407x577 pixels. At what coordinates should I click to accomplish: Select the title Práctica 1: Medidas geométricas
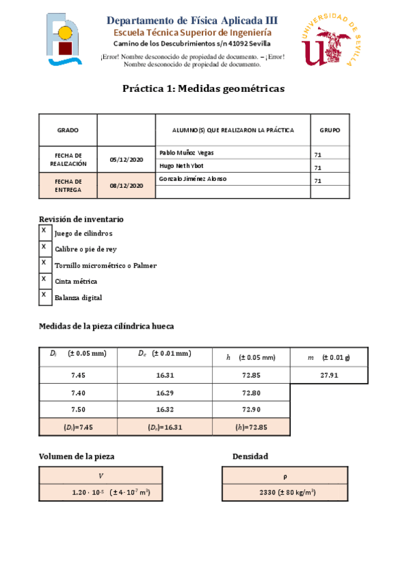pyautogui.click(x=203, y=88)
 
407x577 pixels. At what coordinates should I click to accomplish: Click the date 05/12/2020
pyautogui.click(x=126, y=159)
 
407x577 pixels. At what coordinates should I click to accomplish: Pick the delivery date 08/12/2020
pyautogui.click(x=126, y=185)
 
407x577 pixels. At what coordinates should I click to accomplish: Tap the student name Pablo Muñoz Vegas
pyautogui.click(x=186, y=152)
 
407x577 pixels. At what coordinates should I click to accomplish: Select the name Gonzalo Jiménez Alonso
pyautogui.click(x=193, y=179)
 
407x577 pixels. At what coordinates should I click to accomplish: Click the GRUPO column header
pyautogui.click(x=330, y=130)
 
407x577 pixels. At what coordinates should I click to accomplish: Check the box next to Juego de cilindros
pyautogui.click(x=44, y=231)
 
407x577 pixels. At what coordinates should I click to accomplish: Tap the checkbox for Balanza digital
pyautogui.click(x=44, y=296)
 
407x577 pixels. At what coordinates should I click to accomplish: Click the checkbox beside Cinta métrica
pyautogui.click(x=44, y=280)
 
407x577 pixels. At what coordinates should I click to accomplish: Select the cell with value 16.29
pyautogui.click(x=166, y=393)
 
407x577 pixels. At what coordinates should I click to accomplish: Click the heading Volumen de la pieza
pyautogui.click(x=81, y=457)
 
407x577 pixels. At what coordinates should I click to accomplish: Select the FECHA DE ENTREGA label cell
pyautogui.click(x=68, y=185)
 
